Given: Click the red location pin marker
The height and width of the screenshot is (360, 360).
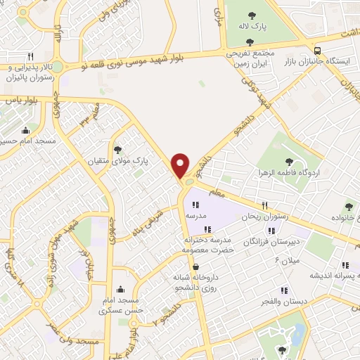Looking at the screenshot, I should pyautogui.click(x=181, y=165).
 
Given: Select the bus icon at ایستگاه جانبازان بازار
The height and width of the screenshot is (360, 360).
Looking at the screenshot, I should pyautogui.click(x=317, y=50).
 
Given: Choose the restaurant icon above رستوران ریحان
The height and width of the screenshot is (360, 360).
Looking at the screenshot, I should pyautogui.click(x=264, y=205).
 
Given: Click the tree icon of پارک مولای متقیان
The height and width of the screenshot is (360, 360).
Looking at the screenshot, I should pyautogui.click(x=117, y=149).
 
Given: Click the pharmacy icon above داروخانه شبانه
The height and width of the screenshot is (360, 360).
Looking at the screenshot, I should pyautogui.click(x=201, y=266).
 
